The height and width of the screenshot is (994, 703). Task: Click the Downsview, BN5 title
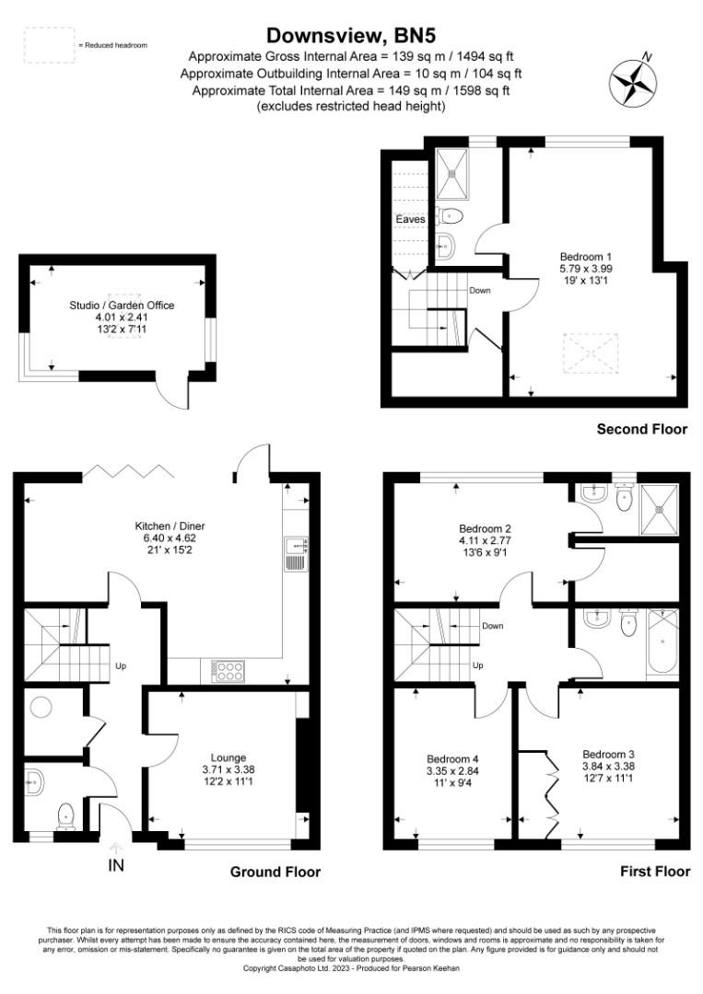click(351, 35)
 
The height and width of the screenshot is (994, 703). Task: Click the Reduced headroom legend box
click(49, 45)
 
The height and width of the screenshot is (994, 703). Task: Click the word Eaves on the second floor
click(410, 219)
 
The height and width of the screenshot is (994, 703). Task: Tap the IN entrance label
click(116, 866)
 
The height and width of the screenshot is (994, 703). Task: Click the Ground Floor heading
click(276, 872)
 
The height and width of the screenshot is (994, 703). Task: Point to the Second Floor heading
click(642, 429)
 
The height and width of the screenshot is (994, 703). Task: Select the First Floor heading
click(652, 872)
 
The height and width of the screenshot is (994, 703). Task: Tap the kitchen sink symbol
click(295, 554)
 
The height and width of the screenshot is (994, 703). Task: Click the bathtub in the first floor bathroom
click(662, 641)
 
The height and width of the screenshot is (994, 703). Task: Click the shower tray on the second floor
click(453, 173)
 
